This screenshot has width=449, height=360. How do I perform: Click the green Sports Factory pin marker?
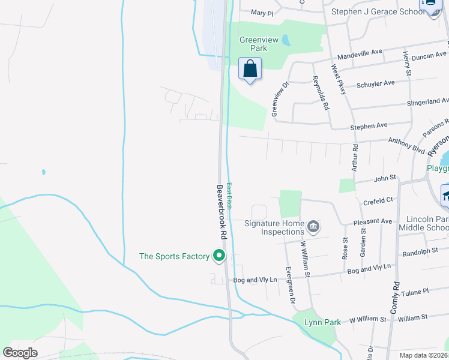click(x=219, y=256)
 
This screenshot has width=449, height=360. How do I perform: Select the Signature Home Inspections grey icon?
click(x=313, y=227)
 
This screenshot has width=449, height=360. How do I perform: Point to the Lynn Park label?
click(x=322, y=322)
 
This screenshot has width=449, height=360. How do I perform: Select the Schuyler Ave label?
click(x=376, y=83)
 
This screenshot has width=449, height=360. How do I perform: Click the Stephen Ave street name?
click(x=369, y=126)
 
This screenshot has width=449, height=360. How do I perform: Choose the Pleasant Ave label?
click(x=373, y=221)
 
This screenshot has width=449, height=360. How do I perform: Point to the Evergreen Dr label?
click(x=291, y=283)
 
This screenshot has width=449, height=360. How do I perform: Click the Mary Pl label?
click(x=262, y=13)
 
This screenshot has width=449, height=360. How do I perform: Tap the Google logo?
click(x=20, y=353)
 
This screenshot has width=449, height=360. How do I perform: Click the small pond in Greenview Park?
click(x=286, y=41)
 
